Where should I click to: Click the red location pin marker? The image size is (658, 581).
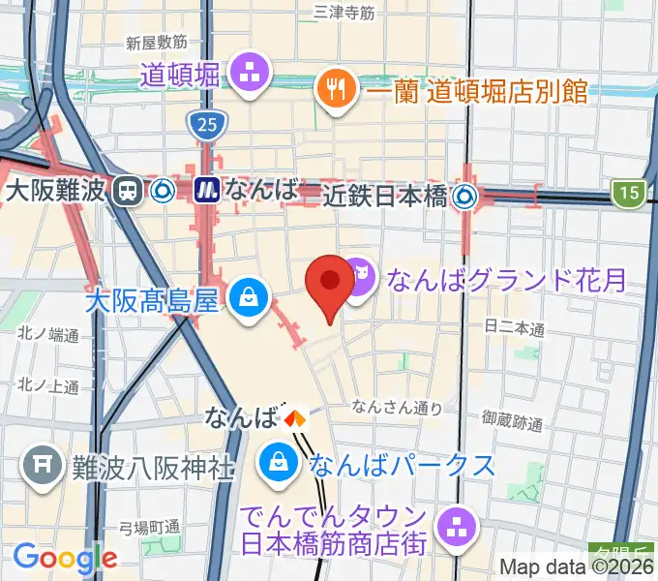coord(329,283)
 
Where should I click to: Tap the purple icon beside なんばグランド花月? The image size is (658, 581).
coord(360,281)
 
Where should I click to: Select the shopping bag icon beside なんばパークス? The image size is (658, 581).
coord(279,461)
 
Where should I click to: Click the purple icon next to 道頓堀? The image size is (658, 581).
coord(250,72)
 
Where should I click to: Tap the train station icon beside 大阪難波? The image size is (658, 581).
coord(127,191)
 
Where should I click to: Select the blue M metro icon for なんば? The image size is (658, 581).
coord(206,190)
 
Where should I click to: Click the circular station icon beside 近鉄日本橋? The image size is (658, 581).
coord(466,197)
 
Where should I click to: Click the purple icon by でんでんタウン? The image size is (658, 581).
coord(453,527)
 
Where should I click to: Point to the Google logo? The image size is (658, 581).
coord(65,558)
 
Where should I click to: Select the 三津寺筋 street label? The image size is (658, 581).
coord(344,12)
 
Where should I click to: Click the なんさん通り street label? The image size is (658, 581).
coord(398,407)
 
